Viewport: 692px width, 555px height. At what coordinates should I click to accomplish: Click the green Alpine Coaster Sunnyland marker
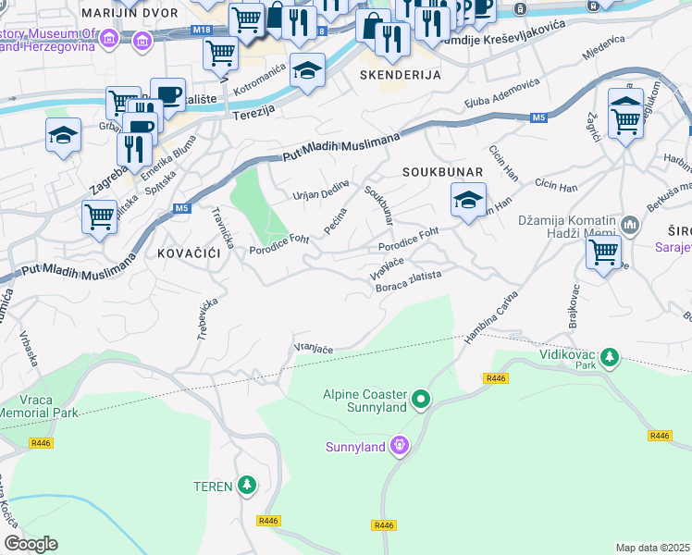click(x=422, y=400)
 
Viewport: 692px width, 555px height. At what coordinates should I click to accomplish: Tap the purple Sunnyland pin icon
click(x=399, y=447)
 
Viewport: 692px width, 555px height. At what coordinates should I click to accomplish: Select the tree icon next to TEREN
click(x=246, y=485)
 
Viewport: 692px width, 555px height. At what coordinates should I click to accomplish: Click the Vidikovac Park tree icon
click(x=609, y=356)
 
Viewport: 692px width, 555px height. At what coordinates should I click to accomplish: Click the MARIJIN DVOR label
click(x=125, y=14)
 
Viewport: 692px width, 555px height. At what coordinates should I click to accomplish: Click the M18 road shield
click(x=202, y=30)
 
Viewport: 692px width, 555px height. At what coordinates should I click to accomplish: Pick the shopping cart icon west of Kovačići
click(x=99, y=217)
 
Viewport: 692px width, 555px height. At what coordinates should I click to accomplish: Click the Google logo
click(x=31, y=543)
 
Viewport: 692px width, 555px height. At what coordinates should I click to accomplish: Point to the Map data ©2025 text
click(x=652, y=548)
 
